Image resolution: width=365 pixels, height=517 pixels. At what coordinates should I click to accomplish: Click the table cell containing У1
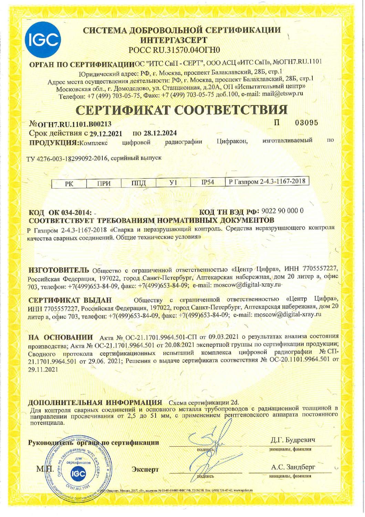click(x=173, y=183)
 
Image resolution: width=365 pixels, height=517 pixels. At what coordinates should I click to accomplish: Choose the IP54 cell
click(x=208, y=183)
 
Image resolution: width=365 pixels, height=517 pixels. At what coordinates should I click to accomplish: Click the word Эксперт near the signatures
click(x=145, y=469)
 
